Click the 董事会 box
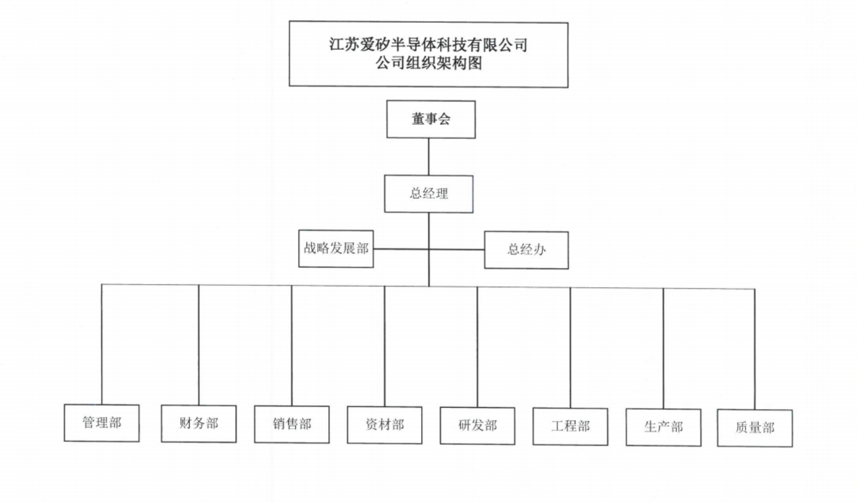point(431,119)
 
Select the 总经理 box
point(428,194)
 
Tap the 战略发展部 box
point(336,249)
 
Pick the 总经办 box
point(526,250)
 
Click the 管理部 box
point(102,423)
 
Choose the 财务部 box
point(199,424)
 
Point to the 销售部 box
point(292,424)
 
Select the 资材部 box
point(385,425)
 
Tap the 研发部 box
point(477,426)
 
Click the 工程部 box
point(570,427)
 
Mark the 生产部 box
point(663,428)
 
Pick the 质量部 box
point(755,428)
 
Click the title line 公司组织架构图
point(428,64)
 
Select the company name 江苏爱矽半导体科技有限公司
point(428,45)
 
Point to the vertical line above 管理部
point(102,343)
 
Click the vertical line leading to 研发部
point(477,346)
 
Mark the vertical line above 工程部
point(570,347)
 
